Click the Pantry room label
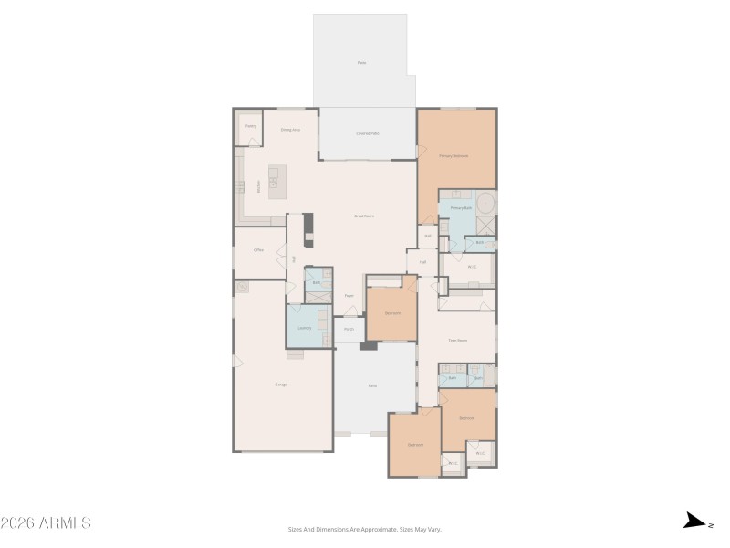(250, 125)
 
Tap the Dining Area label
(290, 130)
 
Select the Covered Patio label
(368, 134)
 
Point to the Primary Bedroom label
(454, 156)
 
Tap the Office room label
(258, 249)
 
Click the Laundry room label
(305, 327)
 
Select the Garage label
(281, 385)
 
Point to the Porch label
(349, 329)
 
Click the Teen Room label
(457, 340)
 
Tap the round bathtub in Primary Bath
(485, 202)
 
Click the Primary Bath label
(462, 208)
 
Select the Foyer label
(349, 296)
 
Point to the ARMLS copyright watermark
(46, 523)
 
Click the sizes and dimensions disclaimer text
(365, 529)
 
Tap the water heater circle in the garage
(242, 287)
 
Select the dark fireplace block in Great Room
(308, 224)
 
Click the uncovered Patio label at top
(361, 62)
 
